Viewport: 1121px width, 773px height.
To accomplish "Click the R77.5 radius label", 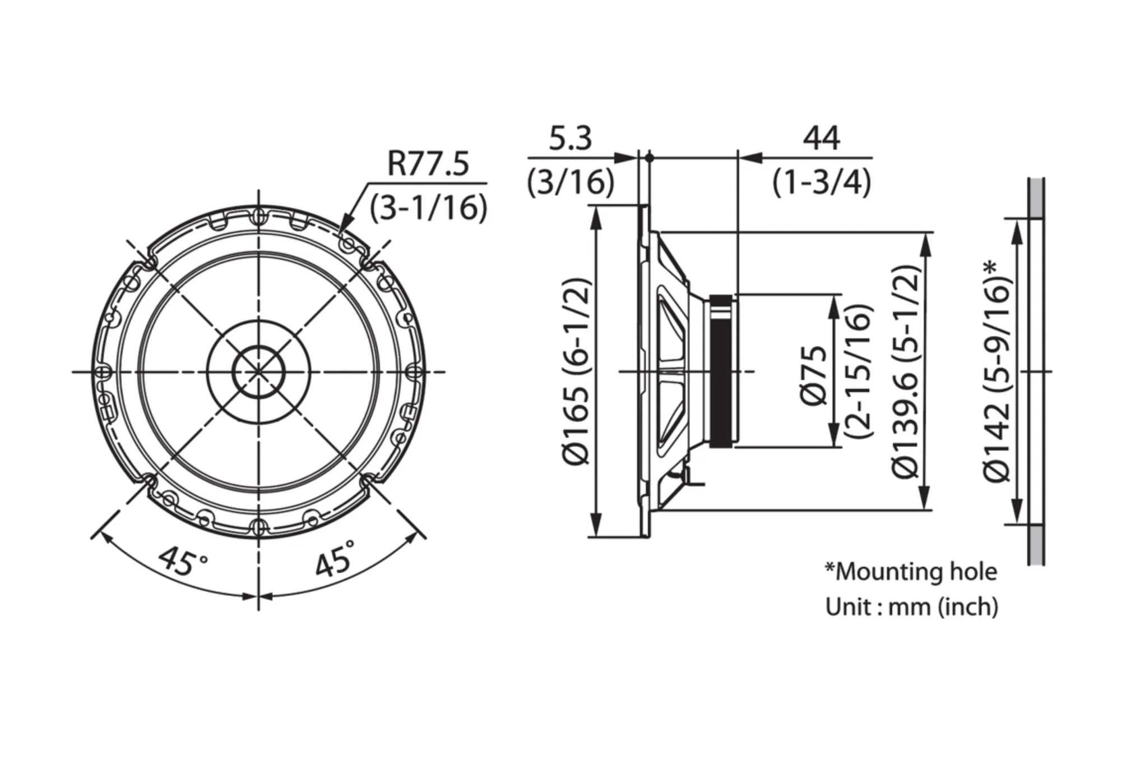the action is pos(428,164).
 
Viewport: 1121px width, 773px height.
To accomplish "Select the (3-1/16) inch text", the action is pos(428,207).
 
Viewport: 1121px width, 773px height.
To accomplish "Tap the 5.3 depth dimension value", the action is pos(570,139).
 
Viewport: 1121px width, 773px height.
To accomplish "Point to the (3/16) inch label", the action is pos(571,182).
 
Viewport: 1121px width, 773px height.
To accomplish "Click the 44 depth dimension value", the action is pos(822,138).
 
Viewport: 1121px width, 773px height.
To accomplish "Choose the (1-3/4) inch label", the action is pos(822,182).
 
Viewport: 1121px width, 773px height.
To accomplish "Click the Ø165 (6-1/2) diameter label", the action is pos(576,371).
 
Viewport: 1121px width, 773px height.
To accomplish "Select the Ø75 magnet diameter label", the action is pos(813,375).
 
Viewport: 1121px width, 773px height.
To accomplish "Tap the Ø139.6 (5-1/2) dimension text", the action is pos(906,371).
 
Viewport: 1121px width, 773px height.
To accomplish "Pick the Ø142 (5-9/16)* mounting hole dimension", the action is pos(997,370).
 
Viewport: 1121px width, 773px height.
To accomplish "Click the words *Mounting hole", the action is pos(911,572).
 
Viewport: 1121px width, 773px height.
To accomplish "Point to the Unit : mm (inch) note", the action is pos(912,606).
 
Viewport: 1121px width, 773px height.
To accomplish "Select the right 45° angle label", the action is pos(335,558).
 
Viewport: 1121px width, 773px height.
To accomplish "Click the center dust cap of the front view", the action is pos(258,371).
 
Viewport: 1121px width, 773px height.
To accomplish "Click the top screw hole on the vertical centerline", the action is pos(258,215).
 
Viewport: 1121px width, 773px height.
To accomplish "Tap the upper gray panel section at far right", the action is pos(1036,198).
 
